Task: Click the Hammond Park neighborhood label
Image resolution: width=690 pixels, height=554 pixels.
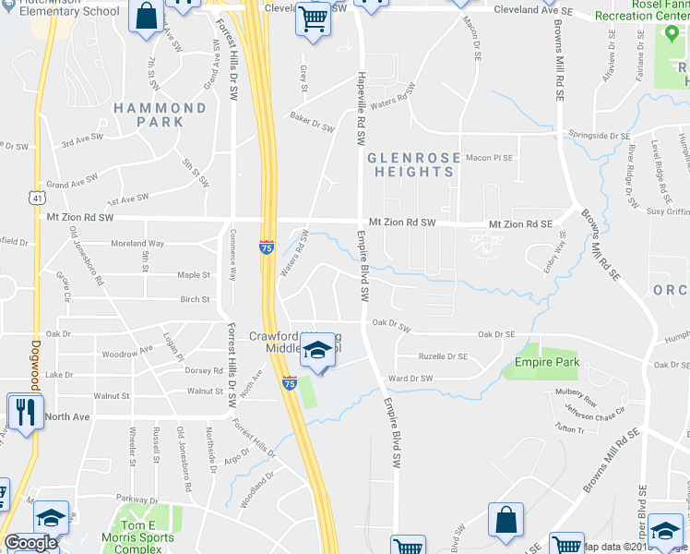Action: tap(161, 114)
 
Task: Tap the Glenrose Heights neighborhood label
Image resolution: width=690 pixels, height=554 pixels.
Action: tap(412, 164)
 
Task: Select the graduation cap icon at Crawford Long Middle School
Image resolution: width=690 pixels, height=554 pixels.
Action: tap(317, 352)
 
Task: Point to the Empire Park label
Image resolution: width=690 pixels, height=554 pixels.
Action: tap(547, 363)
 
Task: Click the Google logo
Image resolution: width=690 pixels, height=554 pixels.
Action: tap(30, 543)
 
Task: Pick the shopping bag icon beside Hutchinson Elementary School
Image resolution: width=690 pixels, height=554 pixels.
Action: tap(147, 16)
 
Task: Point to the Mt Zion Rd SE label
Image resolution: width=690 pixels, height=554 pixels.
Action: tap(520, 224)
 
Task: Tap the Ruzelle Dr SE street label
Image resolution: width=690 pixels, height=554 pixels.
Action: tap(443, 356)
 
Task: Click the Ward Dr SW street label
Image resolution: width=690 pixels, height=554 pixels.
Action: tap(410, 379)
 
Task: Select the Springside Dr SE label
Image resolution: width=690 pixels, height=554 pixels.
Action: tap(600, 136)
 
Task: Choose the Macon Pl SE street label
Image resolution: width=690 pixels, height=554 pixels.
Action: tap(488, 158)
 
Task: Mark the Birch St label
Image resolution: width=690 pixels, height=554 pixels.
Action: tap(195, 299)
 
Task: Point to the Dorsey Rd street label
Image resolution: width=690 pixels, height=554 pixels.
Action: tap(205, 371)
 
